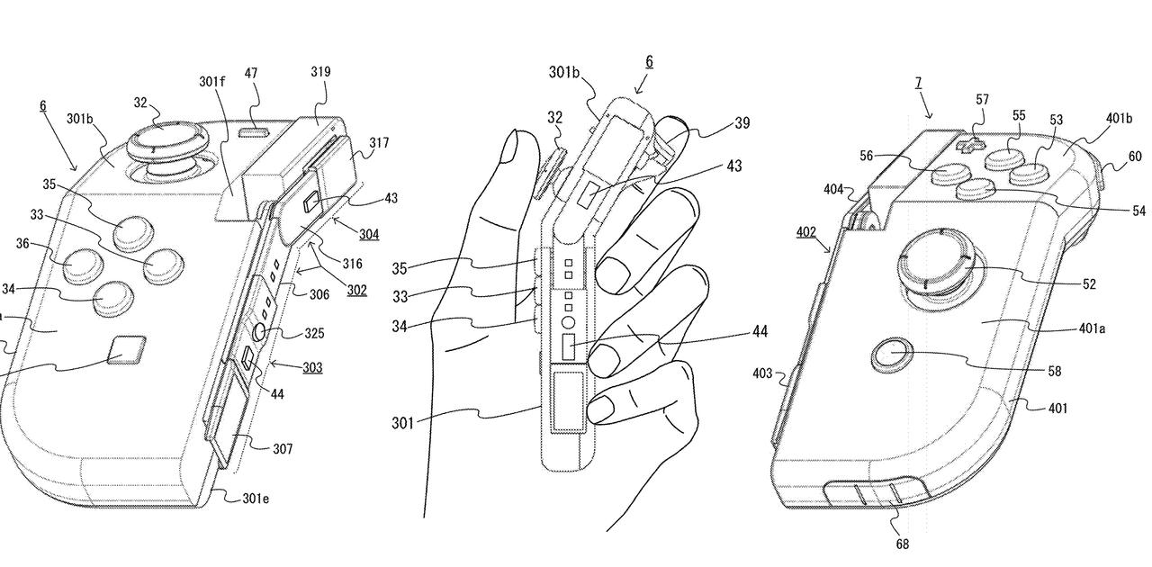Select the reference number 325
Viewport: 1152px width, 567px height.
(x=314, y=333)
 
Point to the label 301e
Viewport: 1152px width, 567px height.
(x=256, y=498)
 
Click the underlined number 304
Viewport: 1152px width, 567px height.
(x=368, y=235)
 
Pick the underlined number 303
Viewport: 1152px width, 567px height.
(x=311, y=367)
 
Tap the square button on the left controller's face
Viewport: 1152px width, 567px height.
(x=125, y=351)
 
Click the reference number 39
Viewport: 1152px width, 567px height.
(x=742, y=123)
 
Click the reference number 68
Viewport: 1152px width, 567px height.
(x=902, y=544)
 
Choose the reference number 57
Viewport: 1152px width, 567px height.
(x=982, y=99)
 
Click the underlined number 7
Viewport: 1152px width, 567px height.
(x=918, y=83)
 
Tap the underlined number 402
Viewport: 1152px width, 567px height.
(x=806, y=232)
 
